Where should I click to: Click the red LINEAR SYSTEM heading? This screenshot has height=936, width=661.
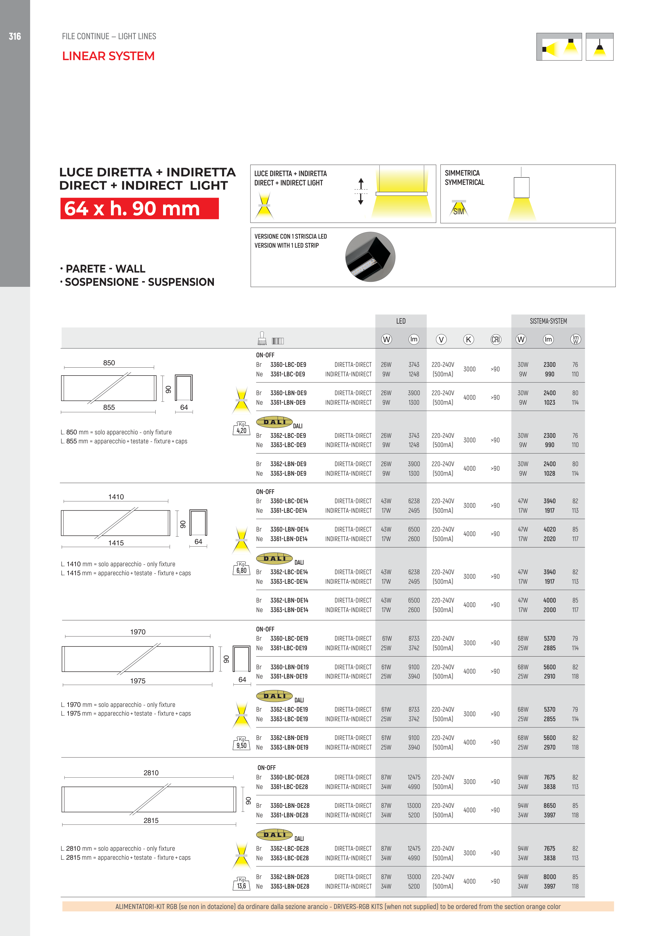click(108, 56)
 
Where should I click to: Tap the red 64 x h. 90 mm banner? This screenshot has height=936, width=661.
click(139, 208)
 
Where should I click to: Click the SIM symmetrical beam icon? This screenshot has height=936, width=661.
click(458, 209)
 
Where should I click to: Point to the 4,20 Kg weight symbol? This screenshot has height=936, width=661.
click(241, 429)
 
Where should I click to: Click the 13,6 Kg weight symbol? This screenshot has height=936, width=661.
click(241, 883)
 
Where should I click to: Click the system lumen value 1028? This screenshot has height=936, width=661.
click(549, 473)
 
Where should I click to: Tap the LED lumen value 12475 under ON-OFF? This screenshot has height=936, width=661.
click(414, 777)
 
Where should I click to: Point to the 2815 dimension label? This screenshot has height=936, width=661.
click(151, 821)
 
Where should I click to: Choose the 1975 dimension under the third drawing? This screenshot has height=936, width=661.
click(138, 681)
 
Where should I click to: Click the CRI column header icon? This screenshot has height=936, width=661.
click(496, 339)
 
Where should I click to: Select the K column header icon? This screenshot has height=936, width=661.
click(469, 339)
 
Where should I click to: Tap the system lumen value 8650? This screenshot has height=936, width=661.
click(549, 805)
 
